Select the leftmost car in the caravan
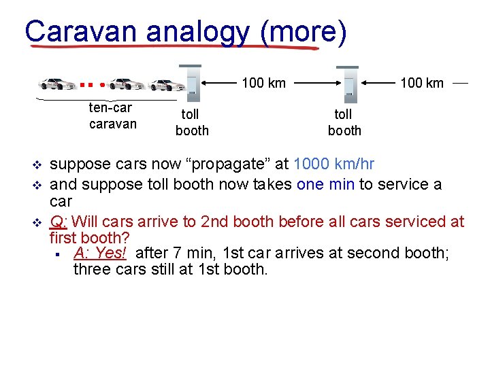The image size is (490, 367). tap(59, 84)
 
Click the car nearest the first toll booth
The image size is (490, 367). tap(167, 85)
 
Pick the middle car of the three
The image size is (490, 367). tap(127, 84)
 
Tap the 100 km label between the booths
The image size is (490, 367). tap(263, 84)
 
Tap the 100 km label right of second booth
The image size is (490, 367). tap(421, 84)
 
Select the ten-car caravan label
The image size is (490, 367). tap(112, 116)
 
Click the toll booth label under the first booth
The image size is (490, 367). tap(192, 122)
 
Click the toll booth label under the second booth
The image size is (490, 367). tap(344, 122)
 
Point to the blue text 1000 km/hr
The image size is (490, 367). tap(333, 164)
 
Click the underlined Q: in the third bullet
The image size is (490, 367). tap(59, 222)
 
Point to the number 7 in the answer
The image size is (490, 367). tap(178, 253)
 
